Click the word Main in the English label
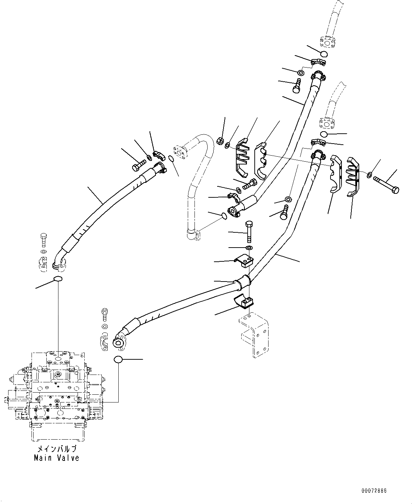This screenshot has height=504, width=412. point(43,458)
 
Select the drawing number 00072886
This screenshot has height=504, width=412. point(374,491)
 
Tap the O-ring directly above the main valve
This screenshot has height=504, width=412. point(57,279)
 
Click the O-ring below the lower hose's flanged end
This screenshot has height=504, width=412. point(118,360)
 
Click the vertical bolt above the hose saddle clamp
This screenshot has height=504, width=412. point(249,230)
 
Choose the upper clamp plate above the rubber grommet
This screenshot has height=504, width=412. point(244,260)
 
